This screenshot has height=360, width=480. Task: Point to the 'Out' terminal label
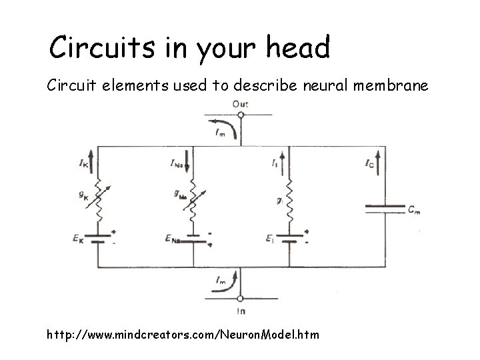coord(240,104)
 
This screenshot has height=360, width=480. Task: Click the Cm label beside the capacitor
coord(415,209)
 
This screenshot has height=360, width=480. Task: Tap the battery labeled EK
coord(98,239)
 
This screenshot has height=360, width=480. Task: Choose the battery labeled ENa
coord(194,239)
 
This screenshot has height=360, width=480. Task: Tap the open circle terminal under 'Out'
coord(241,115)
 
